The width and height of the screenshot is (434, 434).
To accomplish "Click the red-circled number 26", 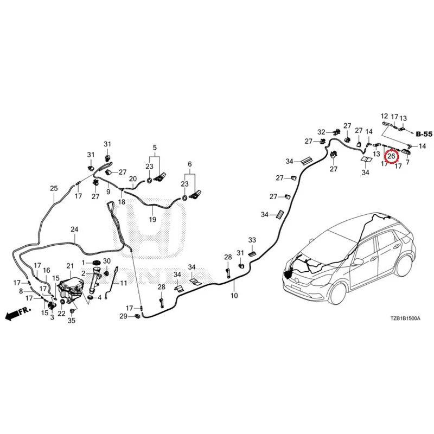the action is point(391,156).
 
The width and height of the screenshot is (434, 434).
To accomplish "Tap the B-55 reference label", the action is point(424,134).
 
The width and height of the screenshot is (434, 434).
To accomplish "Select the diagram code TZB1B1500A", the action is point(405,318).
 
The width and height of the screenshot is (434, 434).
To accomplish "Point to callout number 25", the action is point(54,188).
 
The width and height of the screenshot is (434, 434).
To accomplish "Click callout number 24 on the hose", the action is point(74,229).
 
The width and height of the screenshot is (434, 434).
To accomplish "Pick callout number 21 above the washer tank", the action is point(71,266).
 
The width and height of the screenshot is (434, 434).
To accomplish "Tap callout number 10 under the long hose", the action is point(234,296).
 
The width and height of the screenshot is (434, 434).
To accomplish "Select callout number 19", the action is point(152,220).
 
